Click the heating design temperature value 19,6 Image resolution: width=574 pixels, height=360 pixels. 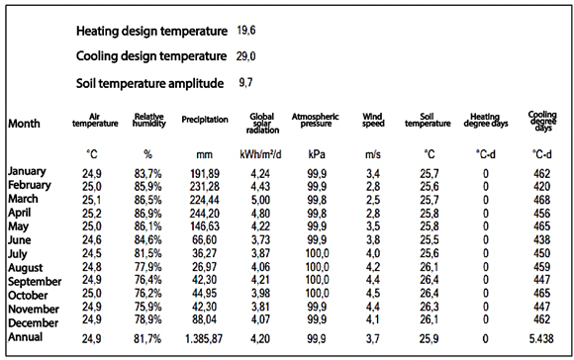click(x=246, y=31)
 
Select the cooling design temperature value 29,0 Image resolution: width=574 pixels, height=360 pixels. click(x=246, y=56)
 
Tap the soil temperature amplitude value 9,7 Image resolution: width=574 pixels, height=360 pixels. click(x=245, y=83)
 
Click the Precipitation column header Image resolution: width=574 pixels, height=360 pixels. click(x=205, y=120)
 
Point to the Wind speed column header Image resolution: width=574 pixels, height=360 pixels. click(x=373, y=120)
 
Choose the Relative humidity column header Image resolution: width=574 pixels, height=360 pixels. click(x=149, y=120)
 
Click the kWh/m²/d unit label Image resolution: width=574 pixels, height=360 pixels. click(x=260, y=154)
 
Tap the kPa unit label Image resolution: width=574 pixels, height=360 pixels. click(x=317, y=154)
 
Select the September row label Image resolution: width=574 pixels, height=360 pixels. click(x=35, y=282)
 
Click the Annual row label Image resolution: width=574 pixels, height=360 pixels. click(x=26, y=336)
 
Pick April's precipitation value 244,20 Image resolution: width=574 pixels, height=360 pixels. click(x=204, y=214)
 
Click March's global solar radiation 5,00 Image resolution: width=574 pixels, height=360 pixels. click(x=260, y=200)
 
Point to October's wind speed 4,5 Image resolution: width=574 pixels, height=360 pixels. click(x=373, y=294)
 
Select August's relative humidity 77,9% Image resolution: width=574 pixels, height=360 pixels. click(x=147, y=267)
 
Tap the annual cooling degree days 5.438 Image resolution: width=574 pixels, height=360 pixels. click(x=541, y=339)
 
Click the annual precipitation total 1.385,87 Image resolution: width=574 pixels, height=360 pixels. click(x=204, y=339)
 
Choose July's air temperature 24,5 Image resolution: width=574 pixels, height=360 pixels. click(x=91, y=253)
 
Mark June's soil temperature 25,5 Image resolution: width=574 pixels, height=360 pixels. click(x=430, y=240)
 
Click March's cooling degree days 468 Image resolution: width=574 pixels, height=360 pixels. click(x=541, y=200)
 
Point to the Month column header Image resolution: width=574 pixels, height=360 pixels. click(x=24, y=124)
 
